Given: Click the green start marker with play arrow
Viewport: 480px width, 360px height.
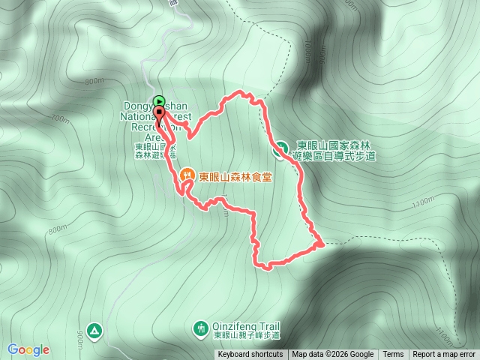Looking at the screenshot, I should click(159, 101).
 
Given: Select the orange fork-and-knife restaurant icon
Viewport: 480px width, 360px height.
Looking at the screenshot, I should click(187, 176).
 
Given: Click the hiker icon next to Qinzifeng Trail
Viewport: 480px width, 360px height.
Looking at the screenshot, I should click(200, 328).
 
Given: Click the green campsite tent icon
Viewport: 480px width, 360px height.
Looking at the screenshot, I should click(94, 329).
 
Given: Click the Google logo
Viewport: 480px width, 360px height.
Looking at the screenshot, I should click(28, 349).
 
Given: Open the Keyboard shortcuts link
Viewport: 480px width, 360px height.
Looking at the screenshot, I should click(250, 355).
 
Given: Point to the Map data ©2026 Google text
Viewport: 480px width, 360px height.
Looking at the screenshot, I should click(333, 355).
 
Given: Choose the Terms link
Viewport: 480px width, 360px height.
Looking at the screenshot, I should click(393, 355).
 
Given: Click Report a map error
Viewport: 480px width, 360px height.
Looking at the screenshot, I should click(444, 355).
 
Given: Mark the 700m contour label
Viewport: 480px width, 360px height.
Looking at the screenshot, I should click(58, 118).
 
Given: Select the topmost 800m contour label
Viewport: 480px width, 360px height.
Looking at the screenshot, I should click(94, 81).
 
